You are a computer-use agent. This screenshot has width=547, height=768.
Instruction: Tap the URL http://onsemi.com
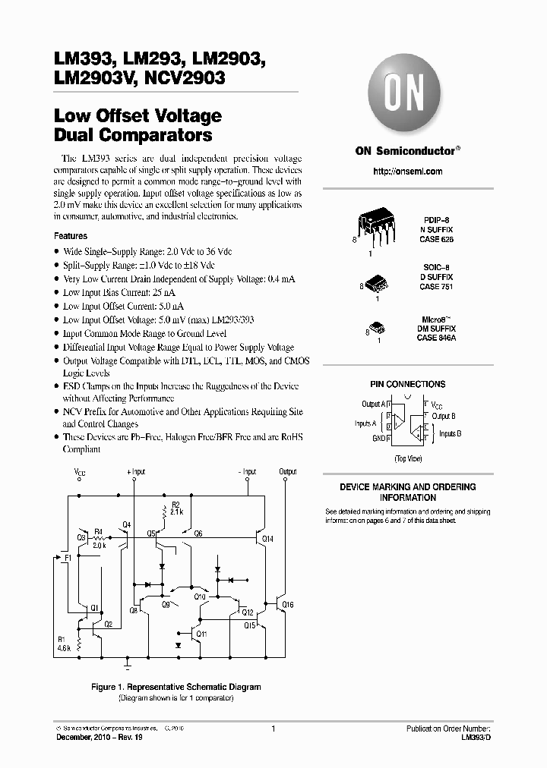tap(407, 172)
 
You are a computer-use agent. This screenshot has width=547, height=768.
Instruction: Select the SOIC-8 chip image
tap(378, 282)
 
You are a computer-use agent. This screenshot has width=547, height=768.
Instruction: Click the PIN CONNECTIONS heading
tap(407, 384)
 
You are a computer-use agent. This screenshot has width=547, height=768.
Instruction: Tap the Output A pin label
tap(374, 404)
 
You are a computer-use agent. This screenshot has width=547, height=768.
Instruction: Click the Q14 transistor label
tap(267, 539)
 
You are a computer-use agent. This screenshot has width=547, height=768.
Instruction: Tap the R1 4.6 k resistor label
tap(62, 644)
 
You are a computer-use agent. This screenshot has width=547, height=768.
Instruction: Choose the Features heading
tap(71, 236)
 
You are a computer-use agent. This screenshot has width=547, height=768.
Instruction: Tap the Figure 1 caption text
tap(175, 687)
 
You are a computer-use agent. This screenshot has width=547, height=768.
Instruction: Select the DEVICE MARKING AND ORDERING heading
tap(407, 486)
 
